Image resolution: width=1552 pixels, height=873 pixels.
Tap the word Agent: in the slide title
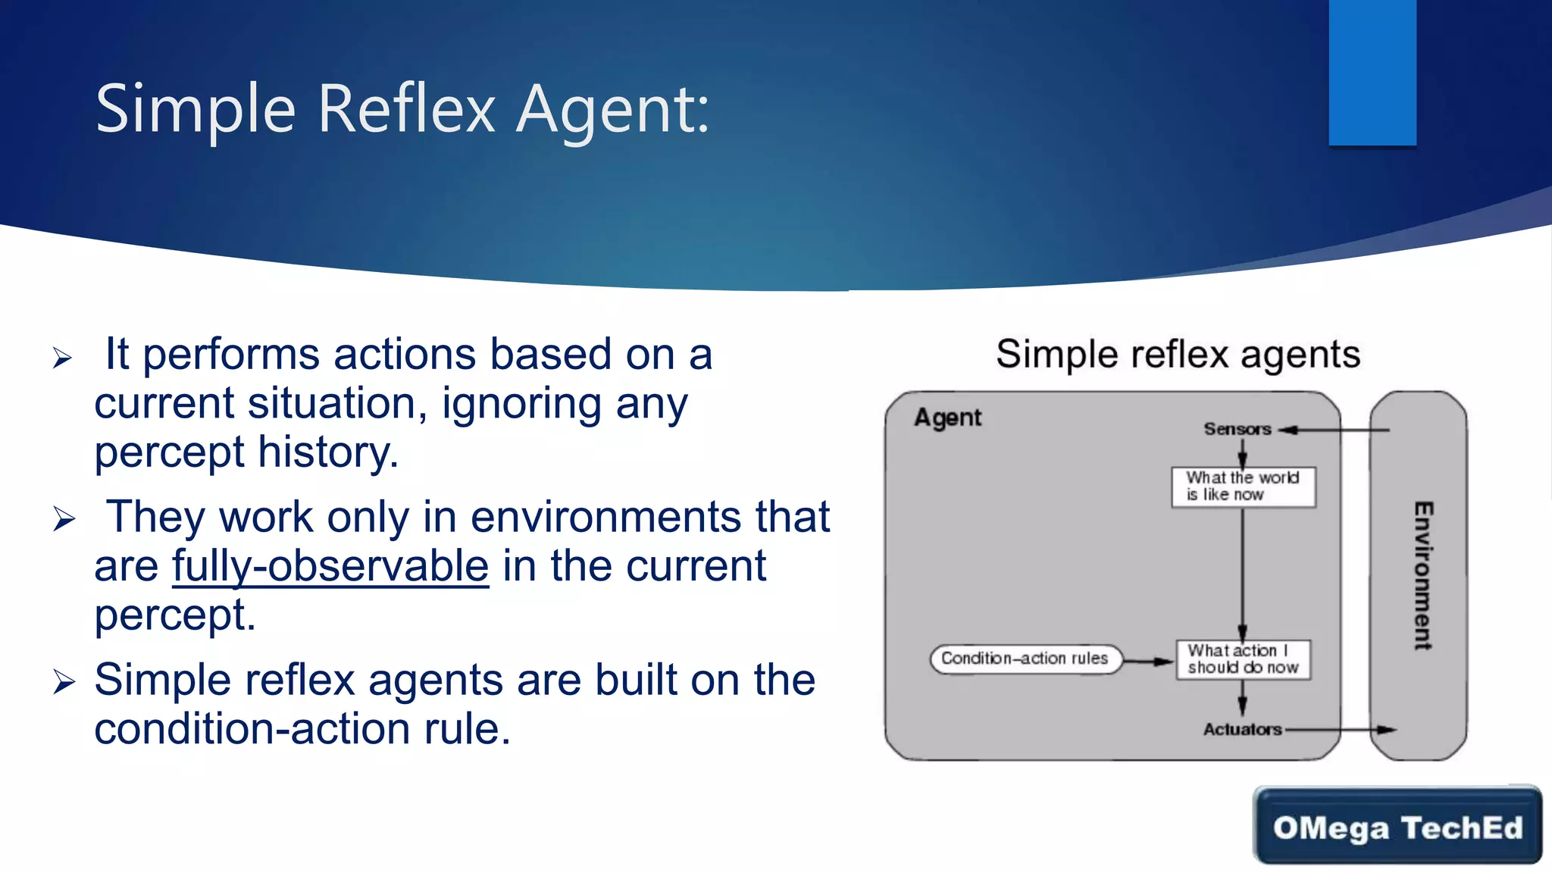[x=612, y=110]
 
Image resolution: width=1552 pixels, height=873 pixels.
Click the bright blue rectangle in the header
[x=1372, y=72]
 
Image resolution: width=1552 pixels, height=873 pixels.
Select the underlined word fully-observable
[x=330, y=566]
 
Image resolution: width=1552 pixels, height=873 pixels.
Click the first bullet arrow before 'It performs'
[x=63, y=358]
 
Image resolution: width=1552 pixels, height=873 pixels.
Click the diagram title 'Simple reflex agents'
[x=1177, y=354]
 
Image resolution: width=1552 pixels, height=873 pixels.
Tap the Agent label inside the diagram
[x=947, y=418]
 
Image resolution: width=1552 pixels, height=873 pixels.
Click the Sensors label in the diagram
[x=1237, y=429]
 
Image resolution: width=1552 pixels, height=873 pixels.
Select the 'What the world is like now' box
[x=1243, y=487]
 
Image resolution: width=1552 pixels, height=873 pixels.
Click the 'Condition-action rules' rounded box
[x=1025, y=659]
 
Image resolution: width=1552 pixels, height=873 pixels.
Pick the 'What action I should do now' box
[x=1243, y=659]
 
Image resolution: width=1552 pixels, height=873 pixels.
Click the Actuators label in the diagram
[x=1242, y=729]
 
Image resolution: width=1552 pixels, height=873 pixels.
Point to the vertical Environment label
[x=1422, y=576]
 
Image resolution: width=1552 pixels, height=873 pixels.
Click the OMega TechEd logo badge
[x=1397, y=827]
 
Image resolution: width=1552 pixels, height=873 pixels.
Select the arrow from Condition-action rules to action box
[x=1148, y=662]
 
